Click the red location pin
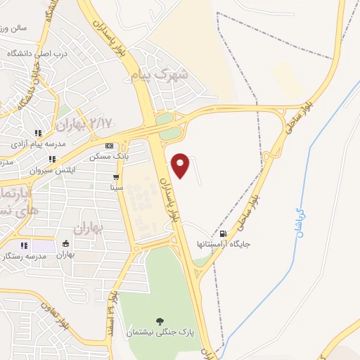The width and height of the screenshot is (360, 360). tap(181, 165)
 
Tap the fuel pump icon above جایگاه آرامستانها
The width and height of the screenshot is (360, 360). tap(224, 234)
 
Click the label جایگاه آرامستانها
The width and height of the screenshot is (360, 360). tap(224, 245)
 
